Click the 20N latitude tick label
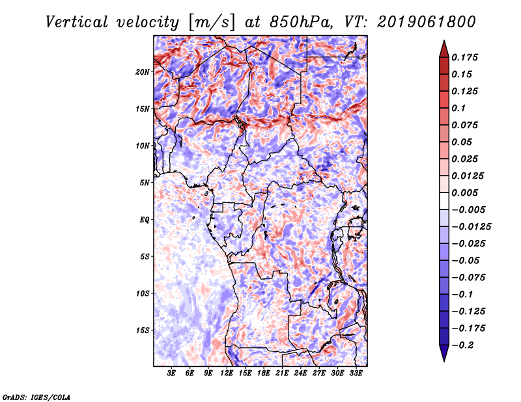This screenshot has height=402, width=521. click(143, 72)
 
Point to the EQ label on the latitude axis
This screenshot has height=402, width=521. click(144, 220)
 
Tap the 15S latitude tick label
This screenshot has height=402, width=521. click(143, 330)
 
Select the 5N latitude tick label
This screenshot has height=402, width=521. click(145, 183)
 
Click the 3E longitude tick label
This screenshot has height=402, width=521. click(171, 373)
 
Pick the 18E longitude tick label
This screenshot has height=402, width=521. click(264, 373)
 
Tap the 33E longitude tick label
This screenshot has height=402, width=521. click(356, 373)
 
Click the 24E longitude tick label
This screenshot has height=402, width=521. click(300, 373)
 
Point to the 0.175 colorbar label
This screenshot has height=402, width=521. click(464, 57)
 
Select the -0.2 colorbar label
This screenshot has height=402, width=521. click(464, 345)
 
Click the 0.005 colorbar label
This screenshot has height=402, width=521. click(464, 193)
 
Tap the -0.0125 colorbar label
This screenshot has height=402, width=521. click(471, 227)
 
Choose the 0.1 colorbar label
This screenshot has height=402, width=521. click(458, 108)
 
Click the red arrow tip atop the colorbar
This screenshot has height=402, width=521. click(444, 40)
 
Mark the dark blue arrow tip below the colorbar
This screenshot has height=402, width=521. click(444, 361)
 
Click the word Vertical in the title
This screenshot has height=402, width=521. click(77, 22)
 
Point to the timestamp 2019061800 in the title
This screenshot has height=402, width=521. click(427, 22)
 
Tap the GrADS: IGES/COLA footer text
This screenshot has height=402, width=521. click(36, 397)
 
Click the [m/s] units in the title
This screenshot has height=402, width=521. click(212, 22)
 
